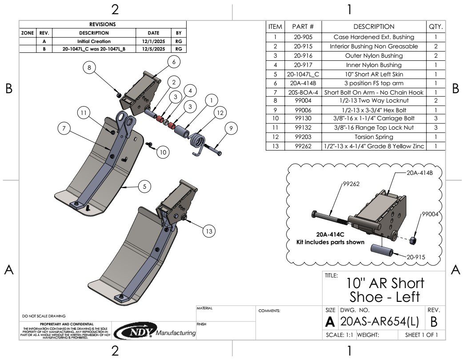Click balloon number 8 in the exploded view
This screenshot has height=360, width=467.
click(x=90, y=67)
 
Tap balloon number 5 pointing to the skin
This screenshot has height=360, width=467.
click(x=144, y=187)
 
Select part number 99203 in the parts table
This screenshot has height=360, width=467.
click(x=303, y=137)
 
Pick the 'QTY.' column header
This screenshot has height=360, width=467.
click(x=435, y=27)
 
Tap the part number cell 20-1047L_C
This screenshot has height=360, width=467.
click(x=303, y=74)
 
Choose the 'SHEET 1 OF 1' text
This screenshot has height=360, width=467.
click(x=421, y=335)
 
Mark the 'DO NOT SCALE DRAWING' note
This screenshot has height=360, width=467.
click(x=44, y=316)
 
